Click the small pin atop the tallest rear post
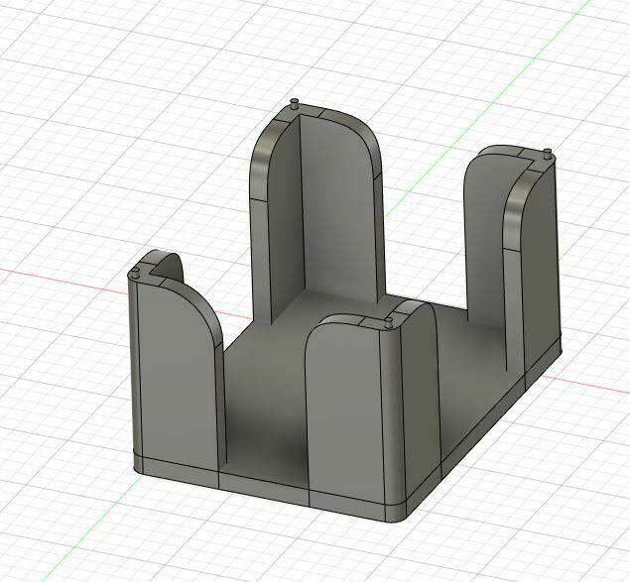coord(295,103)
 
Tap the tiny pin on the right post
coord(548,153)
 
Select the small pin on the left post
coord(135,274)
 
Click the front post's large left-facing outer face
coord(342,416)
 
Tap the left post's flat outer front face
coord(174,377)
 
